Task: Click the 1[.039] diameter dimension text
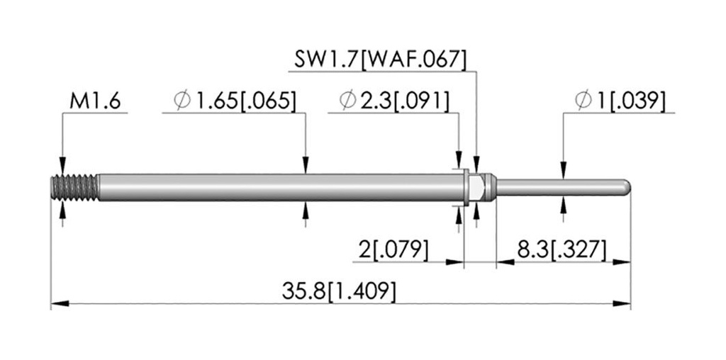coord(632,101)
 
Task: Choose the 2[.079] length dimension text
coord(393,250)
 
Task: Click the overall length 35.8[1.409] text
coord(339,293)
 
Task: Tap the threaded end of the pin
coord(74,187)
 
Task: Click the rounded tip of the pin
coord(626,187)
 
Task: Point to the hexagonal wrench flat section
coord(477,187)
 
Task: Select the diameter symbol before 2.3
coord(347,101)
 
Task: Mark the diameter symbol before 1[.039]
coord(584,101)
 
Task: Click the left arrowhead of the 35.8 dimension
coord(60,303)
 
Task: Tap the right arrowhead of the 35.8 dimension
coord(622,303)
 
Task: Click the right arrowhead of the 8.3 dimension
coord(622,262)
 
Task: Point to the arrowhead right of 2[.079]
coord(454,262)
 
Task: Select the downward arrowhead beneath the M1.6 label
coord(62,166)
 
